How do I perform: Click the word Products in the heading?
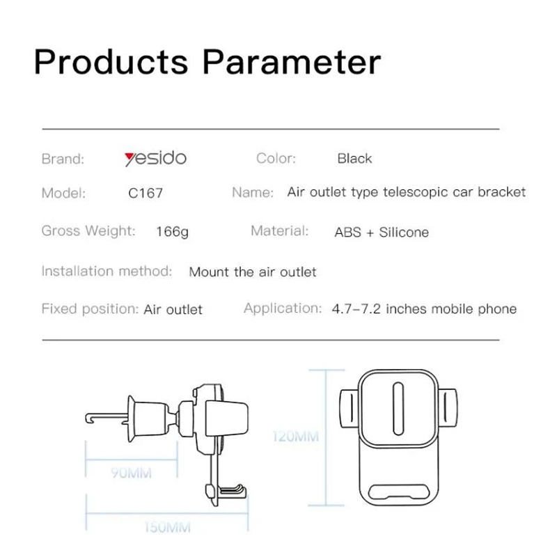[111, 62]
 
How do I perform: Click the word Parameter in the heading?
[292, 62]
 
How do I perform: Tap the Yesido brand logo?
[155, 159]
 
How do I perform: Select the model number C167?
[146, 194]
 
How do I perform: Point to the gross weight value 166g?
[172, 232]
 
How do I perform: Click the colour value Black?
[354, 159]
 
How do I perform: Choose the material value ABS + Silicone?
[382, 233]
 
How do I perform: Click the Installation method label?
[107, 271]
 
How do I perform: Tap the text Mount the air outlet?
[253, 272]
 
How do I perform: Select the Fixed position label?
[90, 309]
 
